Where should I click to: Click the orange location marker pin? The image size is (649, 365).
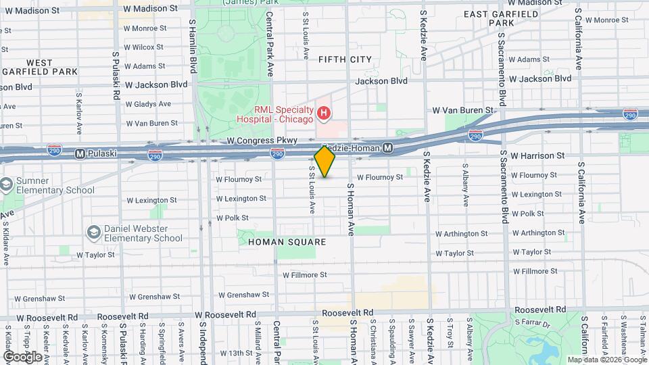tap(324, 162)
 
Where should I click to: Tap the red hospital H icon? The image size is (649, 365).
tap(324, 113)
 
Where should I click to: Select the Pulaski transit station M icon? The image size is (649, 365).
tap(80, 153)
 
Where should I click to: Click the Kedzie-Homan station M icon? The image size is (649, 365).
tap(388, 148)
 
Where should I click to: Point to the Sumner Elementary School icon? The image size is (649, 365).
tap(7, 185)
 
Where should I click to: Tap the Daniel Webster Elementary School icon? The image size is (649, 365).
tap(94, 233)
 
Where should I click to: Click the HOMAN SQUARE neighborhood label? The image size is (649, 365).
tap(287, 241)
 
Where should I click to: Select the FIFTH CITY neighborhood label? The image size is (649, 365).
tap(345, 59)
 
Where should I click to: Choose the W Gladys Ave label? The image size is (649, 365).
tap(148, 104)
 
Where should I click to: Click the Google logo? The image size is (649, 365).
tap(22, 356)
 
